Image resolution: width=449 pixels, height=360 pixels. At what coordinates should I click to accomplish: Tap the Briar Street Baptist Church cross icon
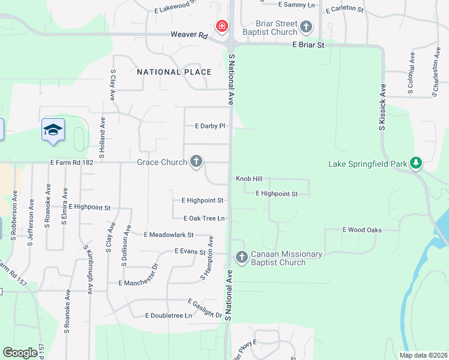[306, 26]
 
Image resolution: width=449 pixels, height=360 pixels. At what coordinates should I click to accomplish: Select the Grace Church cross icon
[196, 161]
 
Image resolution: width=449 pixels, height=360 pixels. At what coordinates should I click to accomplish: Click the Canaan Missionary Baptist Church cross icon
[241, 257]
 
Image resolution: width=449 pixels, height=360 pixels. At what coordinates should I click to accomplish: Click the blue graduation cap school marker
[53, 130]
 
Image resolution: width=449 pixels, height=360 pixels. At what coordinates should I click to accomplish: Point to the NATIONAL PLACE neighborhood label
[174, 72]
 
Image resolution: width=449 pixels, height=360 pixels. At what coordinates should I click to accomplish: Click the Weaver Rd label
[188, 35]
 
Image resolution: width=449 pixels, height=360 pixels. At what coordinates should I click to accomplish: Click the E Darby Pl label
[209, 126]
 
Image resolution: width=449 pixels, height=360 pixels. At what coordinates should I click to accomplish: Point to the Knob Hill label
[249, 179]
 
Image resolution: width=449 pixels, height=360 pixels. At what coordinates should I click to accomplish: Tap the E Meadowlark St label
[169, 235]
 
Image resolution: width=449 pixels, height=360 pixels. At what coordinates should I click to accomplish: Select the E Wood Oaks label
[362, 230]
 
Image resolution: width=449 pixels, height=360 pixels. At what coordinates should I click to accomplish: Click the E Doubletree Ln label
[168, 316]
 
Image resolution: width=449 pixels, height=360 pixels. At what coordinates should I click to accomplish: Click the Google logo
[20, 353]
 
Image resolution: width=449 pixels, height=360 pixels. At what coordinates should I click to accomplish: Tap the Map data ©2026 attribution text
[423, 355]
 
